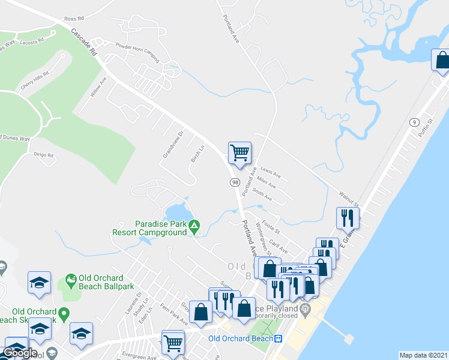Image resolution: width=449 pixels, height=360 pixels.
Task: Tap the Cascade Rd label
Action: tap(83, 42)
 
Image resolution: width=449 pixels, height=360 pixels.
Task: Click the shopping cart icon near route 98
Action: tap(240, 152)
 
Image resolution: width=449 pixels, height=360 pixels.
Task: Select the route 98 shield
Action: tap(233, 181)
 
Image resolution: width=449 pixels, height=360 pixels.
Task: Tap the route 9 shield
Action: tap(414, 122)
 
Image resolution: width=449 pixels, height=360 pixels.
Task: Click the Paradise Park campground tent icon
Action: tap(194, 227)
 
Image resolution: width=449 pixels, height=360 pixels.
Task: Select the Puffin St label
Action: tap(427, 127)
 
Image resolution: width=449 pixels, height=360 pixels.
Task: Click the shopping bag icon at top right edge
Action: tap(442, 60)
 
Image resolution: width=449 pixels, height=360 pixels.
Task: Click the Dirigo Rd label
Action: tap(43, 154)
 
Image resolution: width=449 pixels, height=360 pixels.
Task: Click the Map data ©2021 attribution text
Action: tap(423, 355)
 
